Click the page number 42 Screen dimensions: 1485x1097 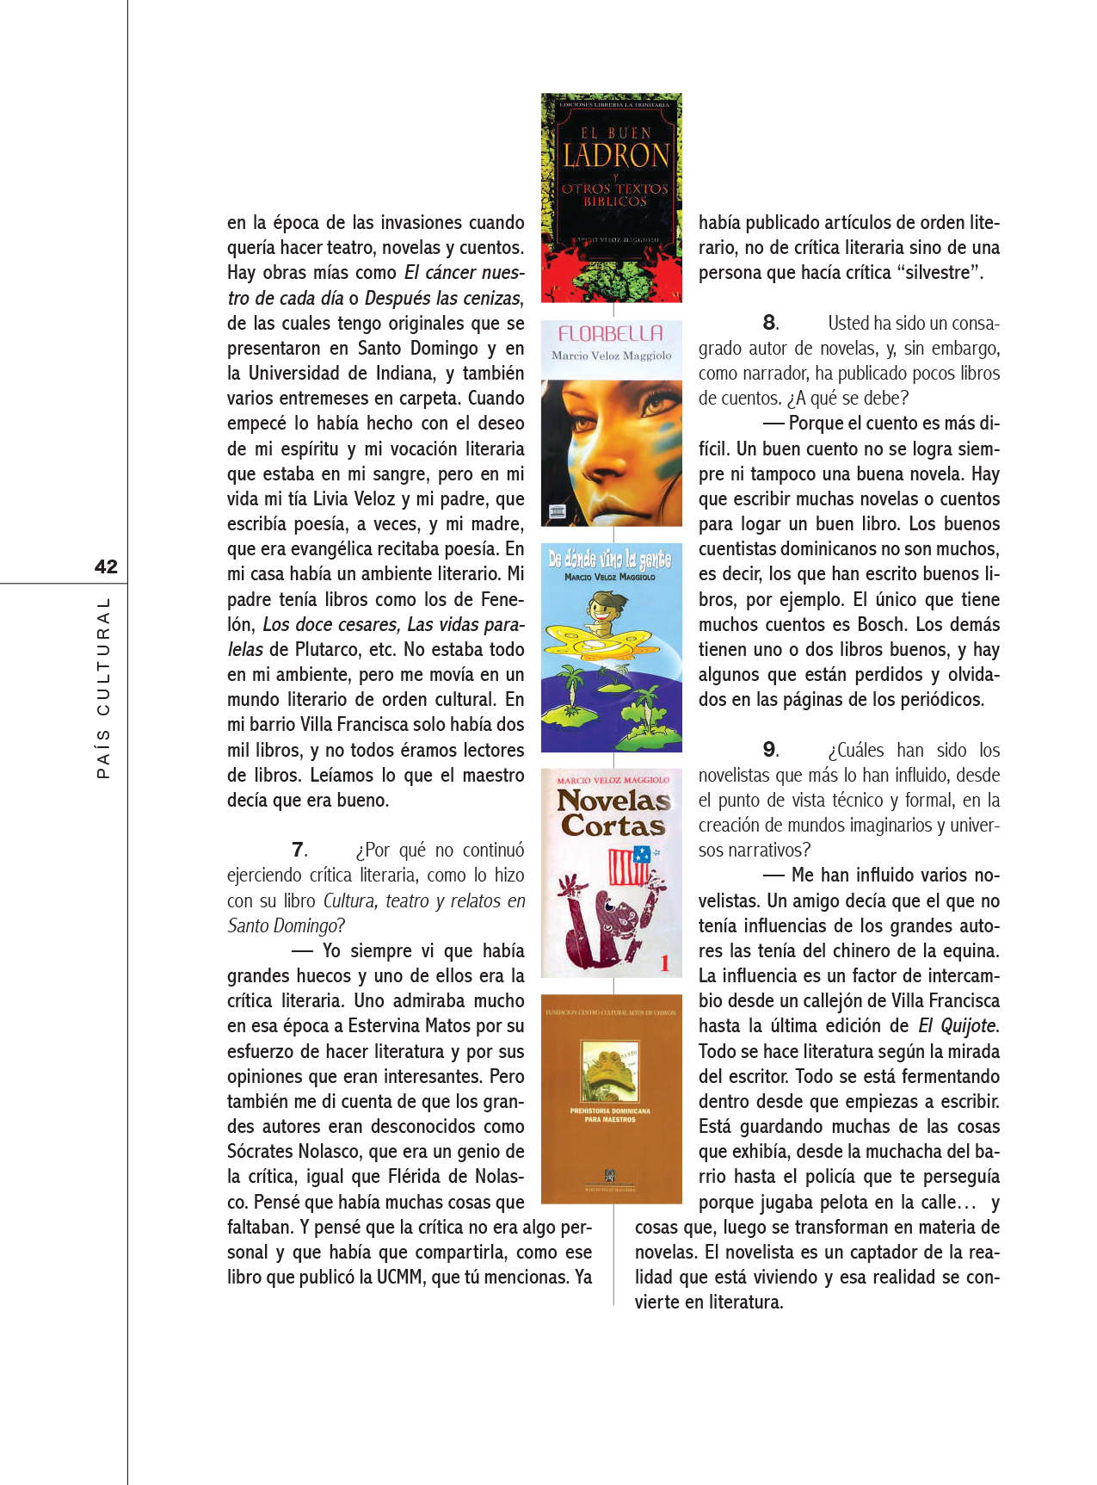(106, 566)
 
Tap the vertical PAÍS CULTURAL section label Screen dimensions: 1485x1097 (104, 688)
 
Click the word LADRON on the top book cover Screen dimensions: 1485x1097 (615, 156)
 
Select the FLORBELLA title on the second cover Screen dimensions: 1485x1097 (611, 333)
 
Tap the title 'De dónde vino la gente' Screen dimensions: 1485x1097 (610, 560)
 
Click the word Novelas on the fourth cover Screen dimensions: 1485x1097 (613, 801)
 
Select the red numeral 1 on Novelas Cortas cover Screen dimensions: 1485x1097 (664, 963)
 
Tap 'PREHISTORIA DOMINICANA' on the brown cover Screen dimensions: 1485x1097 (610, 1111)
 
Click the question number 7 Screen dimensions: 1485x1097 (299, 850)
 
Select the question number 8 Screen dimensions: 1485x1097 (770, 323)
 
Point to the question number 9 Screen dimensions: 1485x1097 (770, 750)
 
